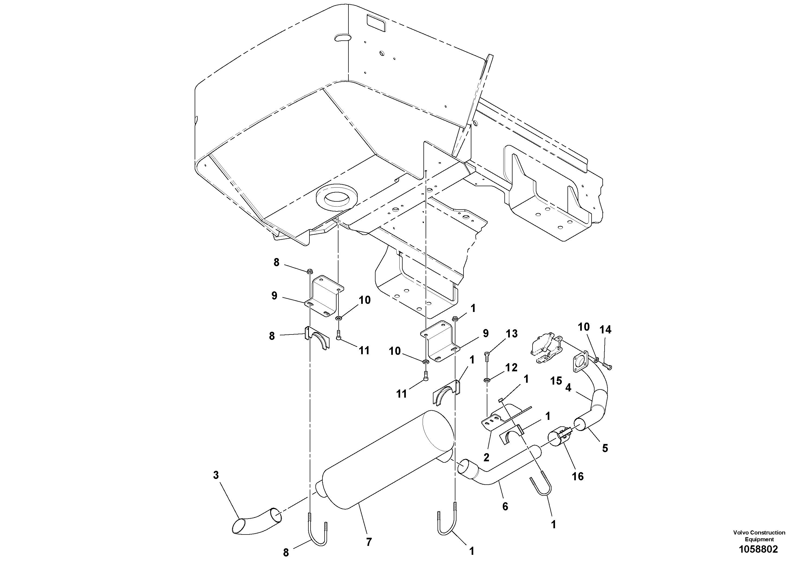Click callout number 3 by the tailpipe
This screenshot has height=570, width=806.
pyautogui.click(x=216, y=475)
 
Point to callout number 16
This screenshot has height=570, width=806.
pyautogui.click(x=577, y=476)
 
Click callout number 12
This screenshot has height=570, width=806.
pyautogui.click(x=511, y=367)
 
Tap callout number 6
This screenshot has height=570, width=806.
pyautogui.click(x=505, y=506)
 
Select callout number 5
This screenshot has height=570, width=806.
pyautogui.click(x=605, y=448)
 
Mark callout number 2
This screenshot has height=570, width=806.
pyautogui.click(x=486, y=457)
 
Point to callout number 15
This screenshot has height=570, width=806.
pyautogui.click(x=556, y=381)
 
